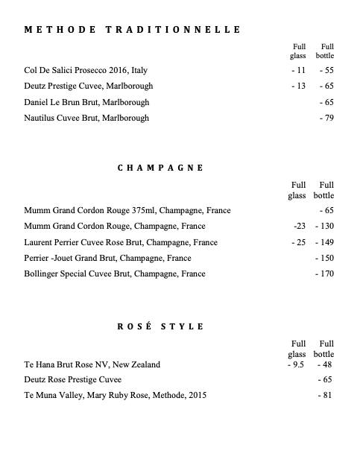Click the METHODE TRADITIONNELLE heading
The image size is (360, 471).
133,30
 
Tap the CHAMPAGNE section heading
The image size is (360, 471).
160,168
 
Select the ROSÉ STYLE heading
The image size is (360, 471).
160,326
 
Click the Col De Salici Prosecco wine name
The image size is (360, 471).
86,71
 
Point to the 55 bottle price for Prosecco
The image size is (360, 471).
326,71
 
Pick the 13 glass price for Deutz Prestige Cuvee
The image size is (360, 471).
299,86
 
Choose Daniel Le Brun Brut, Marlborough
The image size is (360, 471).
86,102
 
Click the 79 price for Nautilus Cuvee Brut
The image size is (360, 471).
326,118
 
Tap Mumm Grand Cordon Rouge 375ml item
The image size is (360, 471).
127,211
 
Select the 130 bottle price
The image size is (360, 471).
325,227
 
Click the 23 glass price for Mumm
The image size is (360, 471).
301,227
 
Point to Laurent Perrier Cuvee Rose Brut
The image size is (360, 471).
121,242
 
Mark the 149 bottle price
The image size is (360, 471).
325,242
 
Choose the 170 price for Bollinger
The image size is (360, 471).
325,274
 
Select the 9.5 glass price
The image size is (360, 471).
297,364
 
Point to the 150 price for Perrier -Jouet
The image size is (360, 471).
325,258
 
